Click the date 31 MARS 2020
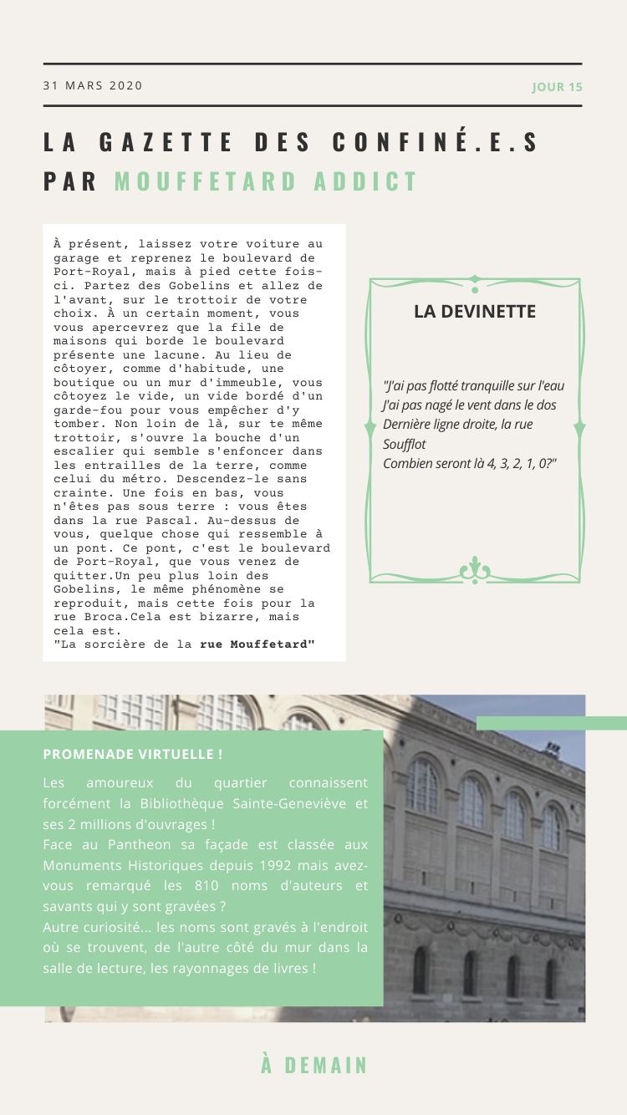coord(93,85)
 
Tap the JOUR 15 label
coord(557,87)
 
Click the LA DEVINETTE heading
coord(475,311)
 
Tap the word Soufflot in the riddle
coord(404,444)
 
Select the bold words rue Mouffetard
coord(257,644)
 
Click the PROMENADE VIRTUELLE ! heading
coord(133,754)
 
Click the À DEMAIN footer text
coord(314,1066)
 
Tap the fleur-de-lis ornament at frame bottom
coord(475,571)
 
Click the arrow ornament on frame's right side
coord(579,428)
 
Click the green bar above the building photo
coord(551,723)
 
